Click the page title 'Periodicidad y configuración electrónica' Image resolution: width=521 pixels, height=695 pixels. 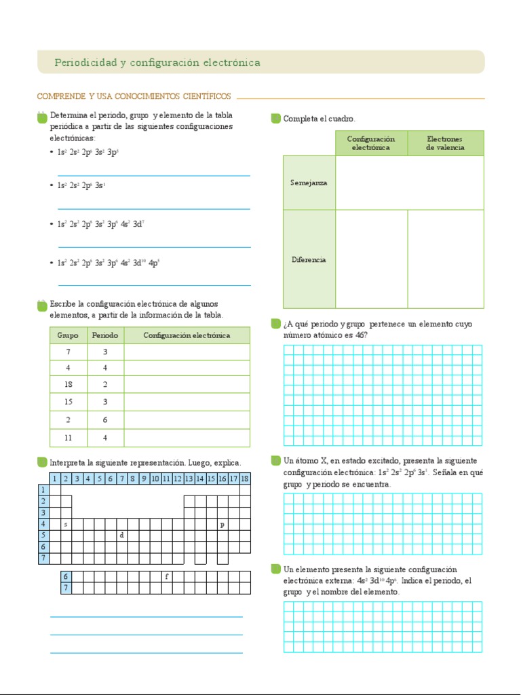(x=157, y=62)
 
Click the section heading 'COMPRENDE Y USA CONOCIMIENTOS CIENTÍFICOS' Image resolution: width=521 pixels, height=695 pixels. (x=134, y=96)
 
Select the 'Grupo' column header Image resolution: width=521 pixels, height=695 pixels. (x=68, y=335)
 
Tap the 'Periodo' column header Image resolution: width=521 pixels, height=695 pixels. (x=105, y=335)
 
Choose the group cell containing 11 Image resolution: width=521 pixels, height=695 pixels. (x=68, y=438)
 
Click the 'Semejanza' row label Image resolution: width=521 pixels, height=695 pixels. (x=309, y=183)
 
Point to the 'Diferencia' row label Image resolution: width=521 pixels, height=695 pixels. (x=309, y=259)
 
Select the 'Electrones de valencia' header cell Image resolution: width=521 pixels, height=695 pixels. (x=445, y=143)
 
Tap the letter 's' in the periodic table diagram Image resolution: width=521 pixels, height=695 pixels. (x=66, y=525)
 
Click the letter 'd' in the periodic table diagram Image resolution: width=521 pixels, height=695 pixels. (x=121, y=535)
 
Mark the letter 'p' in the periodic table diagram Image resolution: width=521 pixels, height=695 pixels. (x=222, y=525)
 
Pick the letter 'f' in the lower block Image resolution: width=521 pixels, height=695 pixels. (x=166, y=576)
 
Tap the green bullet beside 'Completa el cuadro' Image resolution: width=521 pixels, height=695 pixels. (x=275, y=119)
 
